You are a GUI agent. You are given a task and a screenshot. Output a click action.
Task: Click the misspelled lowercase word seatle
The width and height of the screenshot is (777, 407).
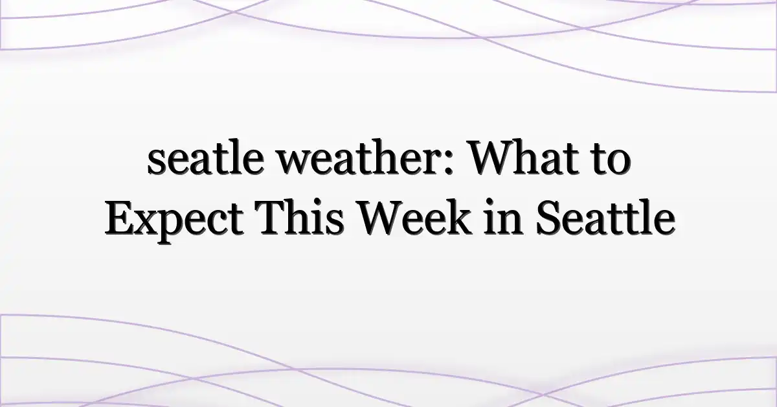point(205,157)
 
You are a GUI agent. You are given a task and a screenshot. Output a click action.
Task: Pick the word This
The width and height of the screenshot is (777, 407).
point(298,216)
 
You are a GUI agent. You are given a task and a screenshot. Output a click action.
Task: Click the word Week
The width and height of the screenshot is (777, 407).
point(414,216)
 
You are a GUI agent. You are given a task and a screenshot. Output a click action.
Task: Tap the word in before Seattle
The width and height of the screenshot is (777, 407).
point(503,216)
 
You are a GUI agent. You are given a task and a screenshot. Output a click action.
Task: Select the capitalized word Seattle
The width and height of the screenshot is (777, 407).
point(605,216)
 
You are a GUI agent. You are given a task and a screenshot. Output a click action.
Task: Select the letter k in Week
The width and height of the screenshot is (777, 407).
point(459,216)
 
